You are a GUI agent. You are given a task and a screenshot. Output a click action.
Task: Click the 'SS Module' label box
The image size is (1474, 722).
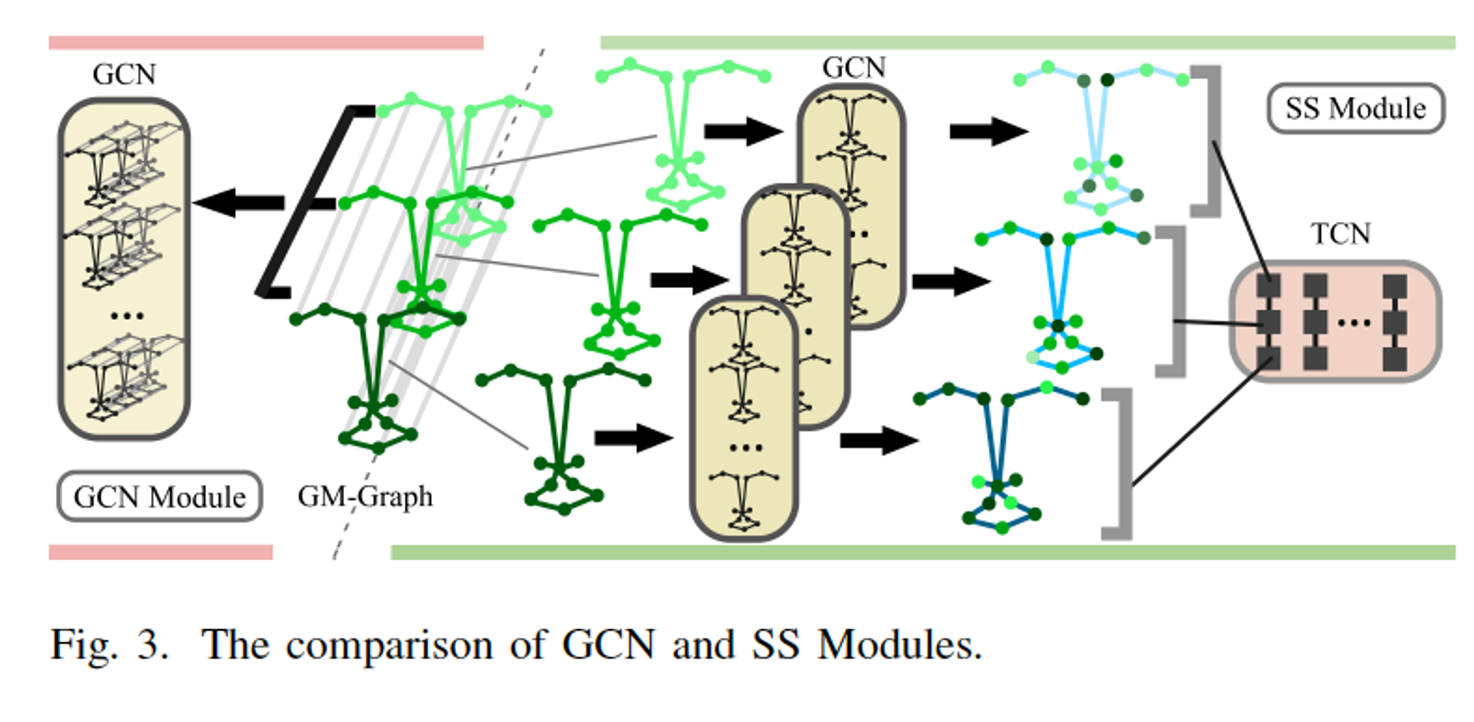1355,108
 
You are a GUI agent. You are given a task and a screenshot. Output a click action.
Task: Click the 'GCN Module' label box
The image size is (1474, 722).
159,497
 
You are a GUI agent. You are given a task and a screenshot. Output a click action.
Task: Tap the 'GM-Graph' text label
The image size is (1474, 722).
365,496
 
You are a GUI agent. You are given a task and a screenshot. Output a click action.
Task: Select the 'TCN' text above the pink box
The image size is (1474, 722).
1340,234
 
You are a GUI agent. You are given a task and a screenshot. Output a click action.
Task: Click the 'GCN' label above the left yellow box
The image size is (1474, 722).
124,74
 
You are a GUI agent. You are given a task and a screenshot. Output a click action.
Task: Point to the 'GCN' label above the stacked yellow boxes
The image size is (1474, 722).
853,67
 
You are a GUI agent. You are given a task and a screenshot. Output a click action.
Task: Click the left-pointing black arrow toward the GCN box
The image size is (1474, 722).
240,203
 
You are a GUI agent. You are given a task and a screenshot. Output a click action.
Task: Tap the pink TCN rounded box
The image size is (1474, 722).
1334,322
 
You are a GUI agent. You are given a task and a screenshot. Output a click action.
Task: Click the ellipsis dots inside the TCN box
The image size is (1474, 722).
1354,322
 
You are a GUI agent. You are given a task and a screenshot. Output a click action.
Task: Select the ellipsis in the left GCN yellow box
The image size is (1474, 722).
126,316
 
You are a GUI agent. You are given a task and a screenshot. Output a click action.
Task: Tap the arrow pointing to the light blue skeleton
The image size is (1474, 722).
988,132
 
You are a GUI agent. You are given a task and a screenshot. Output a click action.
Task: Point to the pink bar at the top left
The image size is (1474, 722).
265,43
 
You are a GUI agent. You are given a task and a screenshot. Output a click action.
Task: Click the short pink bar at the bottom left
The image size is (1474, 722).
161,552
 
